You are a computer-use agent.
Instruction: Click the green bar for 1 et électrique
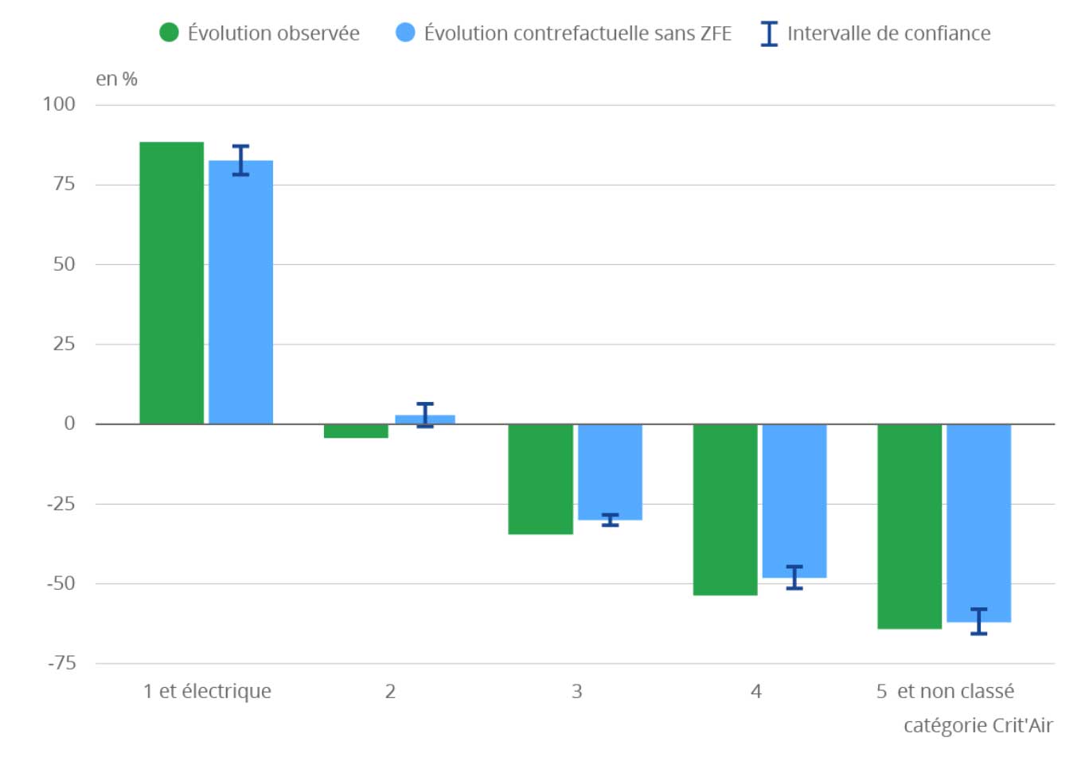click(x=172, y=283)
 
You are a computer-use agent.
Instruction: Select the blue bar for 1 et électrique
click(x=240, y=292)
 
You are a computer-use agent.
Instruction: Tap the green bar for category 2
click(x=356, y=431)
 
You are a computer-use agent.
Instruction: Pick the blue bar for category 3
click(x=610, y=472)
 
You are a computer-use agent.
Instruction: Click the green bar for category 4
click(x=725, y=509)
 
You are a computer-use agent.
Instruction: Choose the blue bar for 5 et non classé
click(x=978, y=523)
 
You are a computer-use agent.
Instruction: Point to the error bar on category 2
click(x=425, y=416)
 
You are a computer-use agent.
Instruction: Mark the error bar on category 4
click(x=794, y=578)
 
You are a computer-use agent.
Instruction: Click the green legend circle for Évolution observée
click(x=170, y=33)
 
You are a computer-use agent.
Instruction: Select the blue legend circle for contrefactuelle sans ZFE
click(x=405, y=33)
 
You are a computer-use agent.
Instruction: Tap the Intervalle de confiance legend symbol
click(x=769, y=33)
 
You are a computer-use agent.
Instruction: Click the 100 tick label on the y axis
click(x=59, y=104)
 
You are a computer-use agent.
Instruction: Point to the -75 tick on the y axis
click(x=62, y=663)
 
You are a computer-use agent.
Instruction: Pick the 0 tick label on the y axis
click(x=69, y=423)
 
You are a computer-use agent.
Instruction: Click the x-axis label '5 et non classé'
click(x=945, y=691)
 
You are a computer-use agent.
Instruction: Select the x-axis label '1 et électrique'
click(x=207, y=691)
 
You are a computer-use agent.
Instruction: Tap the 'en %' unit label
click(x=116, y=79)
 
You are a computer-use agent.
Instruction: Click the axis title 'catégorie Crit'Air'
click(x=978, y=725)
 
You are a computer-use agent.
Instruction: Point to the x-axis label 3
click(x=576, y=692)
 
